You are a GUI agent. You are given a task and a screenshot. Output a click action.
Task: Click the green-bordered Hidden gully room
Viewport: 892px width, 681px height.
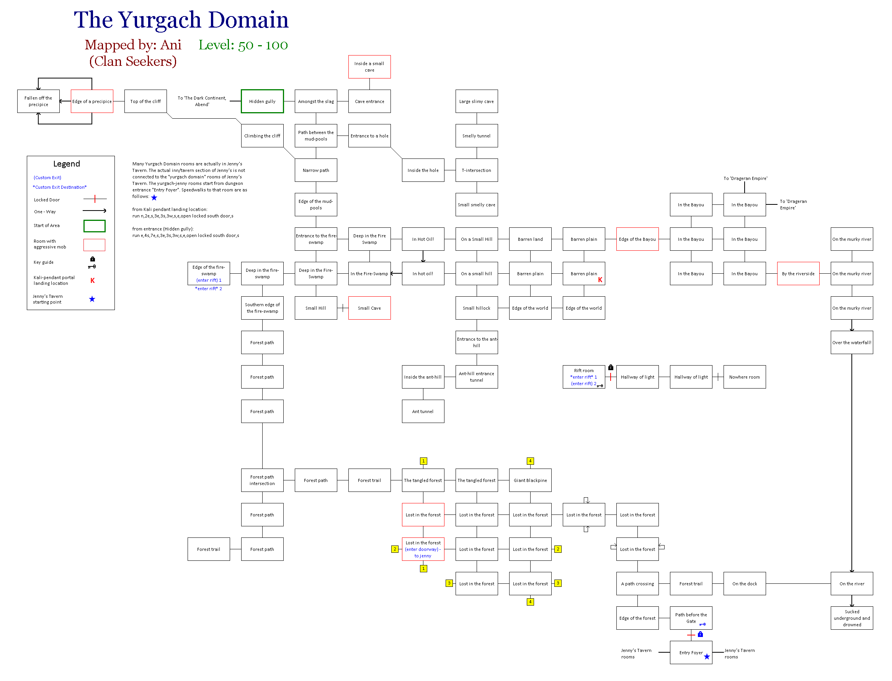[x=262, y=101]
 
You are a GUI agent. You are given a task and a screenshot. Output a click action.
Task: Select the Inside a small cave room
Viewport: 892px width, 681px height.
[x=369, y=67]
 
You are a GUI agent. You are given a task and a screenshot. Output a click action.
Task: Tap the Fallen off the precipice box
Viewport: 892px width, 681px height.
[x=38, y=101]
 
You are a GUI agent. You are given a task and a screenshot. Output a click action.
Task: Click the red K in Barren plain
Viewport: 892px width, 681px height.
[x=600, y=280]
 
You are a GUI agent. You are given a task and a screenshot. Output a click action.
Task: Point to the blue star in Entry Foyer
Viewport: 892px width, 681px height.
[x=707, y=656]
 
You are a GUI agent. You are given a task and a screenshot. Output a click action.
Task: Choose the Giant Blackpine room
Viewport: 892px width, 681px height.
[x=530, y=480]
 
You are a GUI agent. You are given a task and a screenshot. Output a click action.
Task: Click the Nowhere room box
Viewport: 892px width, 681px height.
[x=744, y=377]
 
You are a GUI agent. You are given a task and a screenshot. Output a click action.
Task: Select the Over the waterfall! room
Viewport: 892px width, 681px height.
[x=851, y=343]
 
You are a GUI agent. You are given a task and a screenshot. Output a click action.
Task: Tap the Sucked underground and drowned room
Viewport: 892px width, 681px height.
[x=851, y=618]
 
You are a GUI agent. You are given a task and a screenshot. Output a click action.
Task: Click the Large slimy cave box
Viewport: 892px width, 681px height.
[x=476, y=101]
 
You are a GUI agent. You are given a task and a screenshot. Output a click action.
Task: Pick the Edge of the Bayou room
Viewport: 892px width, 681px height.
[x=637, y=239]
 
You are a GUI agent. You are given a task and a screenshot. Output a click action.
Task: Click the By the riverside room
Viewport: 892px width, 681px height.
[x=798, y=274]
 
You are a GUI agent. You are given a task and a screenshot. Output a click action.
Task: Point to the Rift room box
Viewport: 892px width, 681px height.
[x=583, y=377]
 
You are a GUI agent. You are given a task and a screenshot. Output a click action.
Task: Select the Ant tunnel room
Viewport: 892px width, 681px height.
[x=423, y=412]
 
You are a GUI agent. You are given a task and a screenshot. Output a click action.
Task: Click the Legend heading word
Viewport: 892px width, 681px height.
[x=67, y=164]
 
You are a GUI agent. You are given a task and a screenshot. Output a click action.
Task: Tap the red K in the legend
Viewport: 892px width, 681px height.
[x=92, y=281]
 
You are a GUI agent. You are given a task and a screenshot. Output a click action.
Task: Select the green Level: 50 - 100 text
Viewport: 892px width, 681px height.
[x=243, y=45]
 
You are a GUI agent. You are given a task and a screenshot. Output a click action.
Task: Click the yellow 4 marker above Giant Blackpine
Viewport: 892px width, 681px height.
[x=530, y=461]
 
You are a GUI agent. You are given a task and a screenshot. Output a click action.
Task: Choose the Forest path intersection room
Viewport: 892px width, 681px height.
[x=262, y=480]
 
